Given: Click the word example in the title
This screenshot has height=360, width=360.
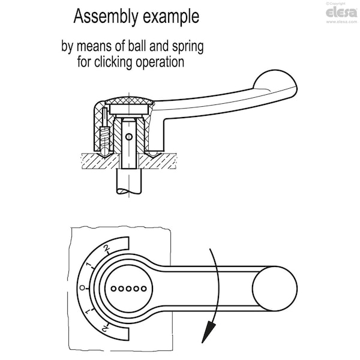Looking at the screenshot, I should click(171, 17).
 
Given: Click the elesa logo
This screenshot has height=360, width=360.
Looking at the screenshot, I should click(342, 13).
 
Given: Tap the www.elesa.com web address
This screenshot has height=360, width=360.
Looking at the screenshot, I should click(342, 22).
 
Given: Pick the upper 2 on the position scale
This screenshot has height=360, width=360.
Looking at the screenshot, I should click(106, 248).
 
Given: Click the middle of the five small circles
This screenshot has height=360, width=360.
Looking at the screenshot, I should click(129, 288).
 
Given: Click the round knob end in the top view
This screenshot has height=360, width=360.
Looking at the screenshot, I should click(275, 288).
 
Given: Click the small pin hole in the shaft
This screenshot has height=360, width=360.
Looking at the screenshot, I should click(130, 136).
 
